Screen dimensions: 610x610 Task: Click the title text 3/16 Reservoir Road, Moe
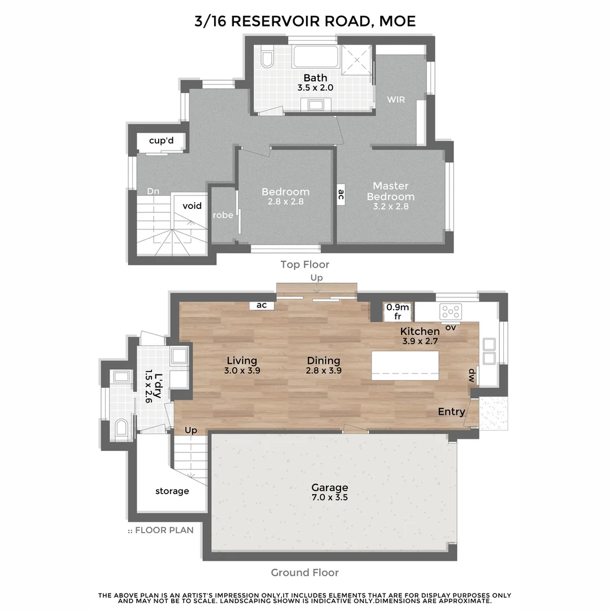pos(305,21)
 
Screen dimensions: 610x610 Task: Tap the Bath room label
pos(315,78)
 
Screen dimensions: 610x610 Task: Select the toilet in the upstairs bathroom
pos(268,59)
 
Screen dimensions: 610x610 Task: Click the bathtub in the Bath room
pos(315,57)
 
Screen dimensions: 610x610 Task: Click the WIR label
pos(396,99)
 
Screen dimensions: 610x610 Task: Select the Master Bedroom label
pos(390,191)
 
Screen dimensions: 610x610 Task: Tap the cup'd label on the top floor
pos(161,141)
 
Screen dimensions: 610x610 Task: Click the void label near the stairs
pos(192,206)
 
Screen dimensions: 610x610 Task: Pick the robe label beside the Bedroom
pos(223,215)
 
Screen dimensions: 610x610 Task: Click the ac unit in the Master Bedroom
pos(341,195)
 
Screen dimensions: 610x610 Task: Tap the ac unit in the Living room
pos(262,305)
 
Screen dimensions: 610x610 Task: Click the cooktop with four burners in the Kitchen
pos(451,311)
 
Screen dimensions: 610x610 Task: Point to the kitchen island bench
pos(405,364)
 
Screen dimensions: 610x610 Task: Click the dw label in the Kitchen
pos(470,374)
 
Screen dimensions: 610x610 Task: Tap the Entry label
pos(451,412)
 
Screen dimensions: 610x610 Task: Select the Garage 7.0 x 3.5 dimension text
pos(330,498)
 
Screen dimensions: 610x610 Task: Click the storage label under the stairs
pos(172,491)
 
